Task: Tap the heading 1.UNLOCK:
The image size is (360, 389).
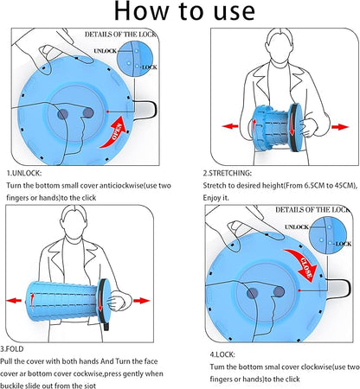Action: tap(24, 173)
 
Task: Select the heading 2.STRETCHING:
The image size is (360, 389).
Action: tap(228, 173)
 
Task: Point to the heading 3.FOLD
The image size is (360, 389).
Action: tap(12, 349)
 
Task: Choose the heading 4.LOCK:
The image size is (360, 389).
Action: tap(222, 354)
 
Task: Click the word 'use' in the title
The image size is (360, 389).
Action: tap(235, 11)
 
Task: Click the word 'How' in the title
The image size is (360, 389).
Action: tap(141, 11)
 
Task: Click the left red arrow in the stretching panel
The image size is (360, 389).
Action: tap(230, 126)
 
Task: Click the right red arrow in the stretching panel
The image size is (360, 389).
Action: tap(340, 127)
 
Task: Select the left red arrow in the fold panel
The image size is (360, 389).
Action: tap(14, 301)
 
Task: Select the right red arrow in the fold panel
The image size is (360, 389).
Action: tap(141, 301)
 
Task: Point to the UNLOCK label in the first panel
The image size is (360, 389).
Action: tap(106, 51)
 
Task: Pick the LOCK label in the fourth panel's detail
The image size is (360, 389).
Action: tap(343, 244)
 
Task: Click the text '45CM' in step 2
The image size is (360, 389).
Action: tap(344, 185)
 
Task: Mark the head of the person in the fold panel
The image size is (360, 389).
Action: tap(74, 222)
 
